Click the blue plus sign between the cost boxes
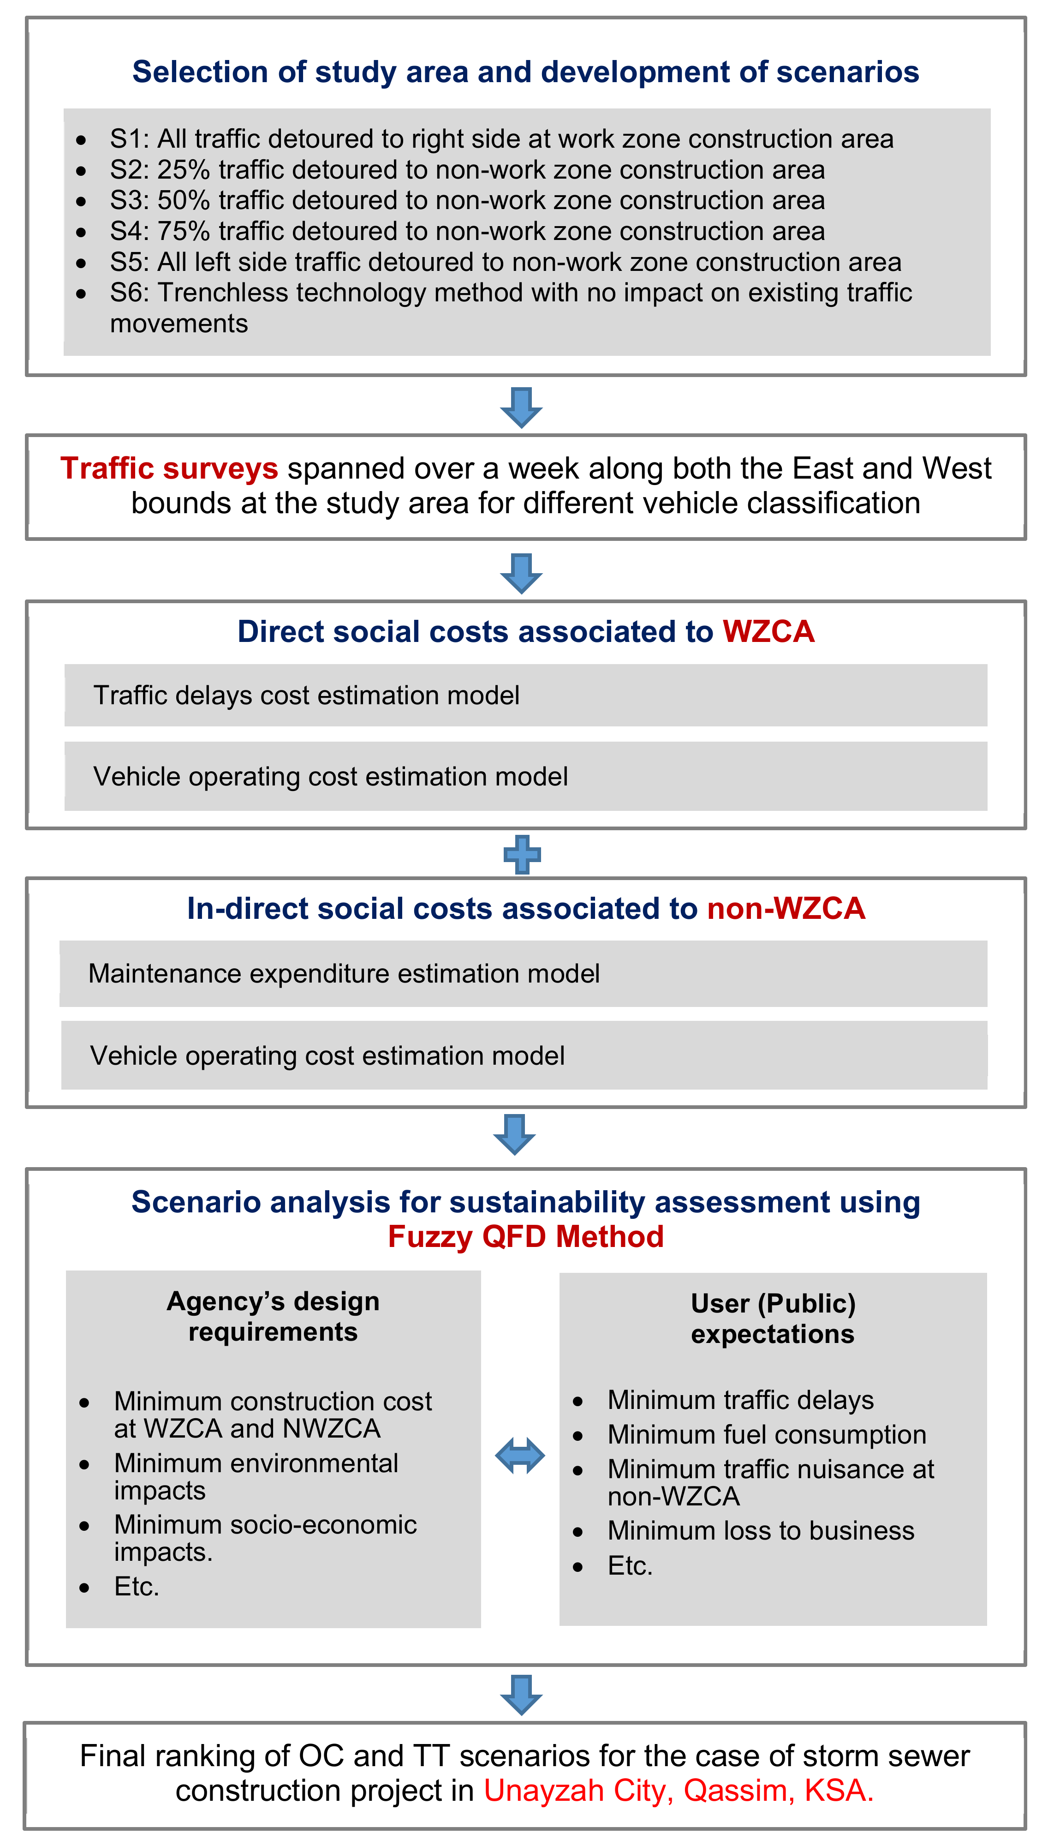click(522, 855)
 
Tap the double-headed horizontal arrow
click(520, 1456)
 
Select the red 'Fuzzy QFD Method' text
click(525, 1237)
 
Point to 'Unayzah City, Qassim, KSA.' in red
click(678, 1791)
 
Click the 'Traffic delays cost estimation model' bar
click(525, 695)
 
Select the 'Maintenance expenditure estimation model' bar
click(523, 973)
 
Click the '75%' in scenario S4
click(184, 231)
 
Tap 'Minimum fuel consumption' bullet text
click(767, 1434)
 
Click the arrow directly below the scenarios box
click(521, 408)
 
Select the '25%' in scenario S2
click(184, 170)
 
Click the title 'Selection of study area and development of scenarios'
click(525, 72)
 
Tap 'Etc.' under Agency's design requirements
click(136, 1587)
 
